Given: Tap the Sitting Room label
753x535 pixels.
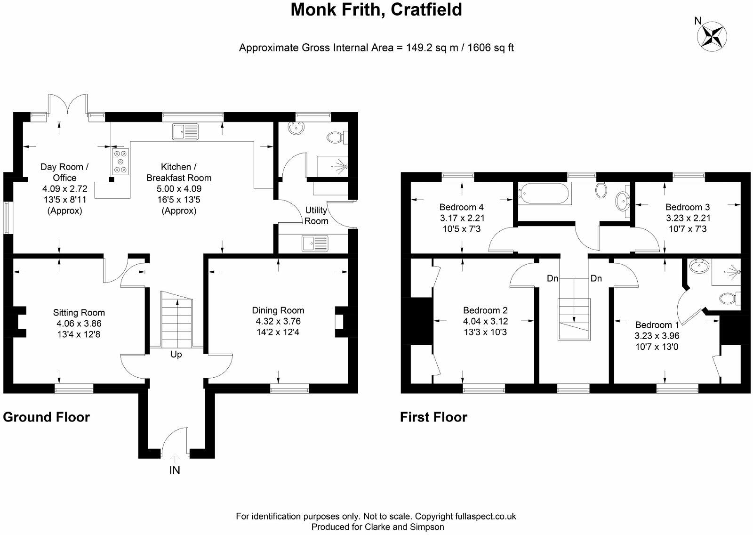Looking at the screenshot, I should tap(79, 313).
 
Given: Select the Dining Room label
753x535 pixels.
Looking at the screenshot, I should tap(278, 310).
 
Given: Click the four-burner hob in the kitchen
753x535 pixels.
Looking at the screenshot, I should tap(120, 161).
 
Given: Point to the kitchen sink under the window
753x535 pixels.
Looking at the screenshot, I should tap(186, 131).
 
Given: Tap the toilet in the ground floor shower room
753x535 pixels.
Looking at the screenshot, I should tap(336, 137).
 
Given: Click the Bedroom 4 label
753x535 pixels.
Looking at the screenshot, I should tap(461, 207).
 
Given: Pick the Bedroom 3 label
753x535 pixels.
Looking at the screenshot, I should tap(687, 207).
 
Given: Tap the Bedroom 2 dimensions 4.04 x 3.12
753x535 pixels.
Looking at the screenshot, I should tap(485, 321).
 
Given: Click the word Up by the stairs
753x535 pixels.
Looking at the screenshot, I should tap(176, 355).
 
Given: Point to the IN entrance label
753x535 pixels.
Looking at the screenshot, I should tap(175, 470).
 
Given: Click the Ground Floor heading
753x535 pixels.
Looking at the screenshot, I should tap(46, 417).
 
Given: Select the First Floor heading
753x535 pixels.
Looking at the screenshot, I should tap(433, 417).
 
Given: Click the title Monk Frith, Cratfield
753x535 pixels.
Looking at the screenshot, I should tap(376, 10).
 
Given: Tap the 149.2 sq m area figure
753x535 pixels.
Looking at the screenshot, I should tap(432, 48).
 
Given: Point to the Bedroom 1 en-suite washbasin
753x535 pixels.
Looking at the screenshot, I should tap(700, 267).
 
